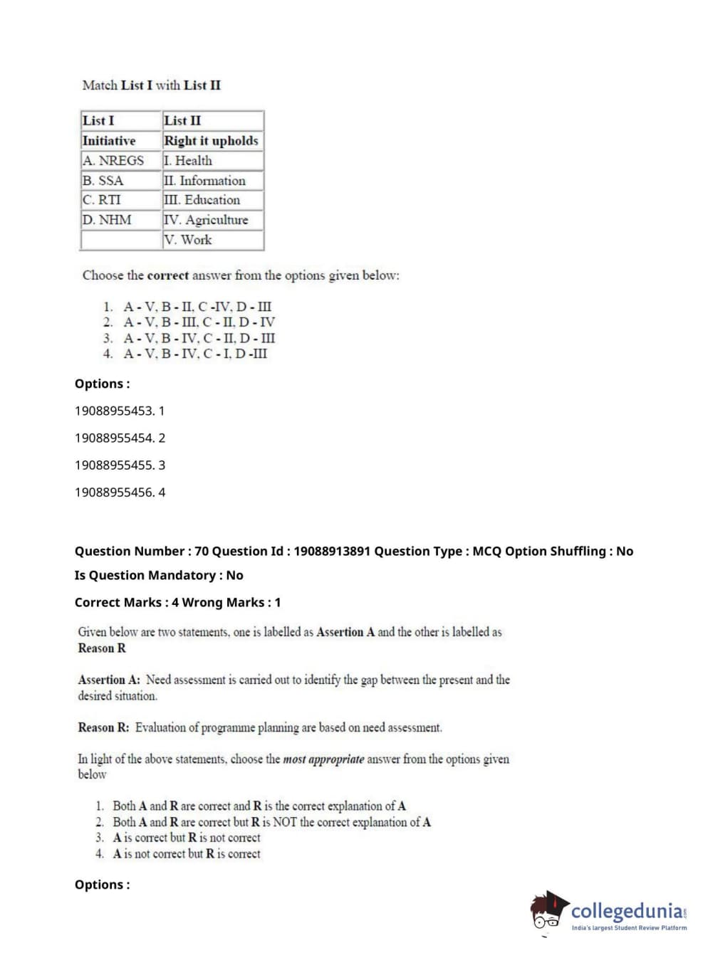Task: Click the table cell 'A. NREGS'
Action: [113, 161]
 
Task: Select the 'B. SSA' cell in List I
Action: [103, 181]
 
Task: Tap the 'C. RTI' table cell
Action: [102, 200]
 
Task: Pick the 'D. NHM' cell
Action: [107, 220]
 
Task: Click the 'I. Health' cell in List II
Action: [188, 161]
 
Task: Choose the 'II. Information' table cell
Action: [204, 181]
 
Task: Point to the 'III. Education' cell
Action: [202, 200]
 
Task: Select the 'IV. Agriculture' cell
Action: [206, 220]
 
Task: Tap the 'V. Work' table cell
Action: [188, 240]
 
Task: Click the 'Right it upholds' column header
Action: [211, 141]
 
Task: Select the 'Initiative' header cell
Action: [109, 141]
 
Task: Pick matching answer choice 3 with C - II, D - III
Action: [199, 338]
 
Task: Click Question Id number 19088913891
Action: [331, 551]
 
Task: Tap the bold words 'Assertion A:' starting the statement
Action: [109, 680]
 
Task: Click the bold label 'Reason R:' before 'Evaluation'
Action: [104, 727]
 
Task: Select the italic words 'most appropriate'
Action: [323, 759]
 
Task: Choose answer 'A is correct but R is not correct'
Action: [187, 838]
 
